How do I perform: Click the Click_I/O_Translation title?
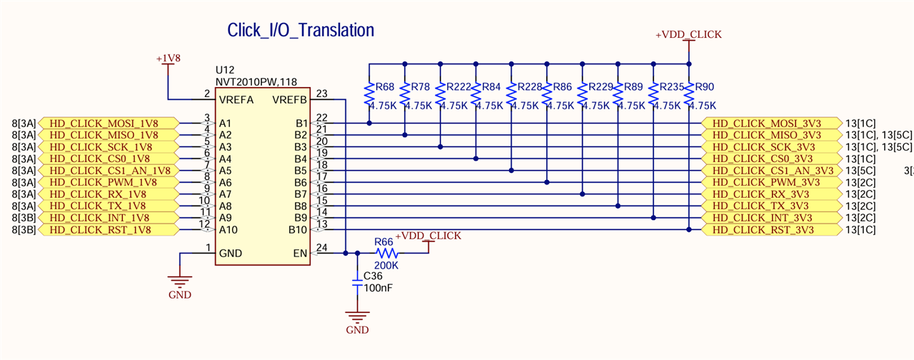tap(301, 31)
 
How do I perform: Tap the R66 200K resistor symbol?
tap(386, 253)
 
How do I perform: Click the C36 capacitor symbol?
tap(357, 284)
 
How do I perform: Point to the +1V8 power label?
tap(168, 58)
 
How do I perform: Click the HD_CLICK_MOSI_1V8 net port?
tap(107, 122)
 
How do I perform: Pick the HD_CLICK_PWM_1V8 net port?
tap(107, 182)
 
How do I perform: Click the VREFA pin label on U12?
tap(237, 99)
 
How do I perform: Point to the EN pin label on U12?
tap(300, 253)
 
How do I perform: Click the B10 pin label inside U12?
tap(297, 229)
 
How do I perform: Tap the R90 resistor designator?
tap(704, 87)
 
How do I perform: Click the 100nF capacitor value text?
tap(378, 288)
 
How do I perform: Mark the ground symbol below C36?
tap(357, 318)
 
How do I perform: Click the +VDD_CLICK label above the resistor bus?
tap(688, 34)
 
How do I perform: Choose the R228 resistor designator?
tap(531, 87)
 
